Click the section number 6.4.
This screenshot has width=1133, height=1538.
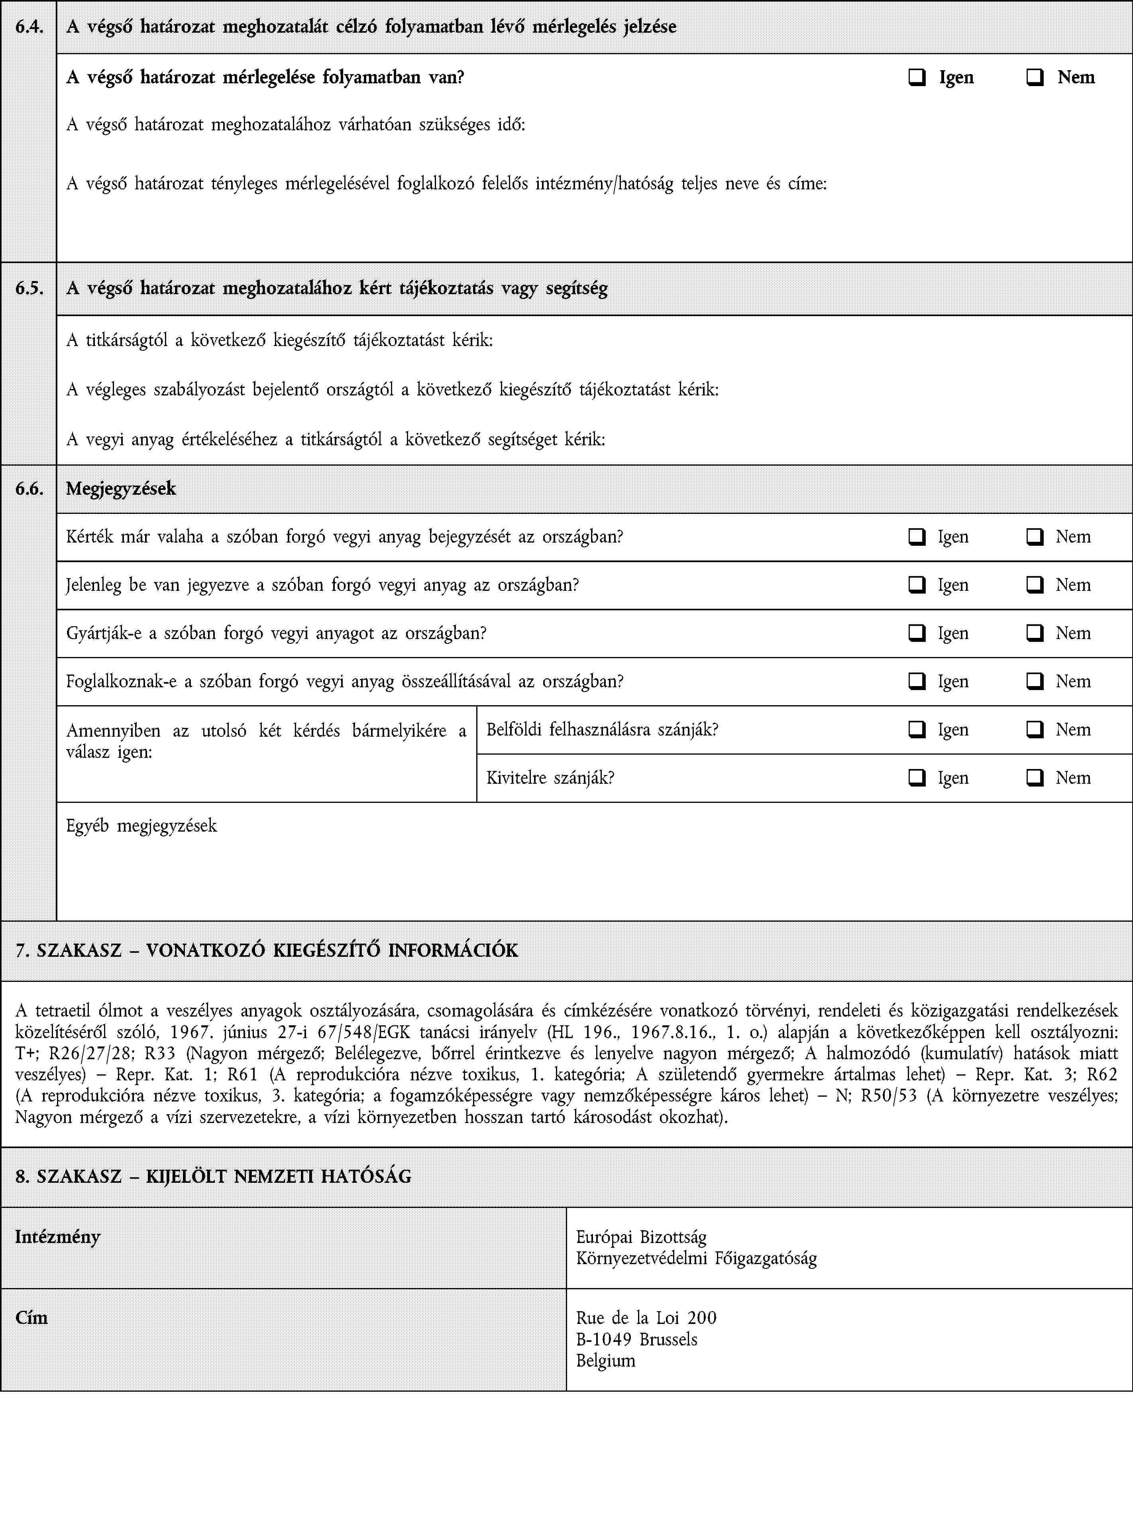click(x=29, y=27)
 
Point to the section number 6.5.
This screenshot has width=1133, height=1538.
click(x=29, y=288)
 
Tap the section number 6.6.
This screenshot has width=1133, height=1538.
click(x=29, y=488)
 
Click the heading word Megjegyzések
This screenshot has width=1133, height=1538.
click(x=121, y=488)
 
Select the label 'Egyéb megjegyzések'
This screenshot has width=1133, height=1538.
click(x=141, y=825)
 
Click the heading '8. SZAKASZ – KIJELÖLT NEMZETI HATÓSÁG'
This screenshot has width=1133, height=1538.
click(x=213, y=1176)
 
